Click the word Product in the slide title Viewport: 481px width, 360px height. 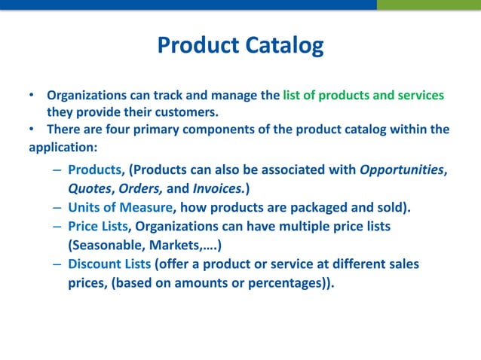[198, 46]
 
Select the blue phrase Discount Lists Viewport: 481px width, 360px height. [109, 264]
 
